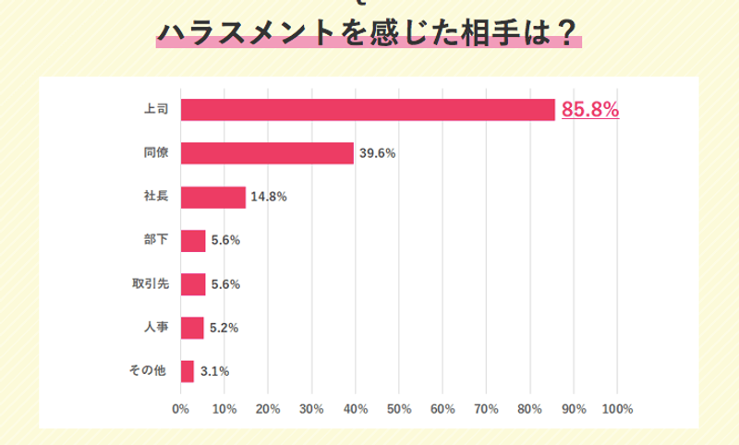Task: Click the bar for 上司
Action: [x=368, y=110]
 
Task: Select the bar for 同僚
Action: [x=267, y=153]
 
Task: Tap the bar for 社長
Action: [x=213, y=197]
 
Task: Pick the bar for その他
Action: [x=188, y=371]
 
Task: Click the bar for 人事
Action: [x=192, y=328]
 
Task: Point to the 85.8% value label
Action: [x=590, y=110]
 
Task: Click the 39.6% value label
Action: [x=377, y=153]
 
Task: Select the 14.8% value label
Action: [x=269, y=197]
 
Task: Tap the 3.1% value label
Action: [x=214, y=371]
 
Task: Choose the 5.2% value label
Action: [x=224, y=328]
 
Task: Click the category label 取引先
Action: [x=149, y=284]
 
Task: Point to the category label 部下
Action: [x=155, y=240]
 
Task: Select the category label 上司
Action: [x=155, y=110]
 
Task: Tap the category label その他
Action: [x=149, y=371]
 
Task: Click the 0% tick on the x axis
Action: [x=181, y=409]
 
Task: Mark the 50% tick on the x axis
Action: [x=399, y=409]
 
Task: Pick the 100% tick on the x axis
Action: [x=617, y=409]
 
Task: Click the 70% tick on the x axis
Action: [x=487, y=409]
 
